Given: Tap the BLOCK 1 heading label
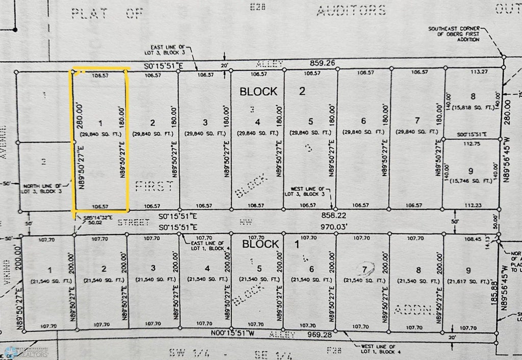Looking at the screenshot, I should pyautogui.click(x=275, y=244).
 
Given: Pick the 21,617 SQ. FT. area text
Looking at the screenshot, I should pyautogui.click(x=469, y=281).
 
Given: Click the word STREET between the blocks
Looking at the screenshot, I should pyautogui.click(x=134, y=222).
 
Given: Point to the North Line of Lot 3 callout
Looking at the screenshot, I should pyautogui.click(x=44, y=189).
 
